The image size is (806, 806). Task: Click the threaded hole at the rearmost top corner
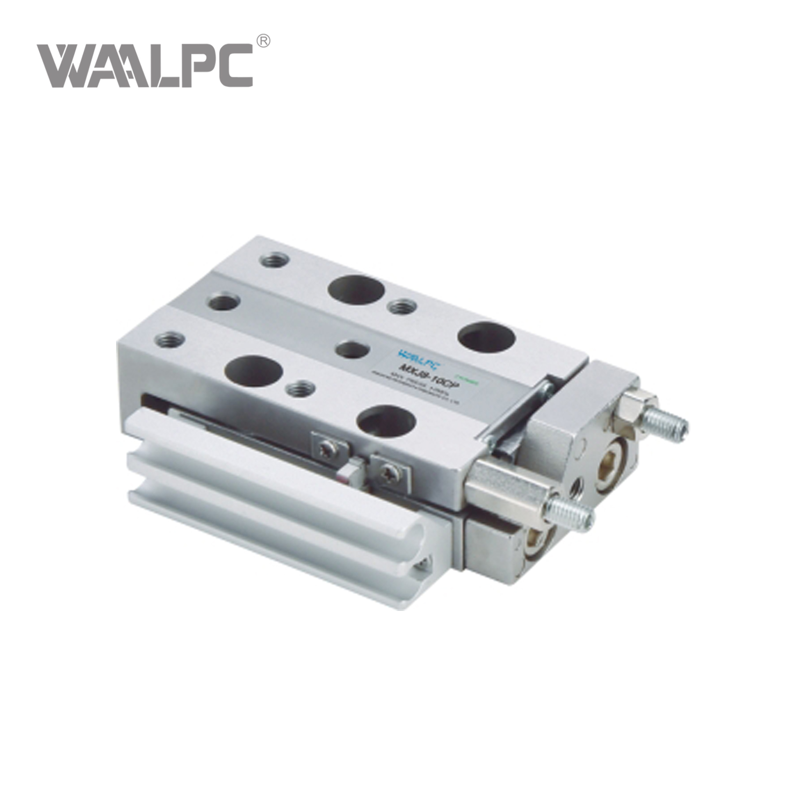tap(274, 261)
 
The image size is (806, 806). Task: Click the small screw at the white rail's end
tap(426, 563)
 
